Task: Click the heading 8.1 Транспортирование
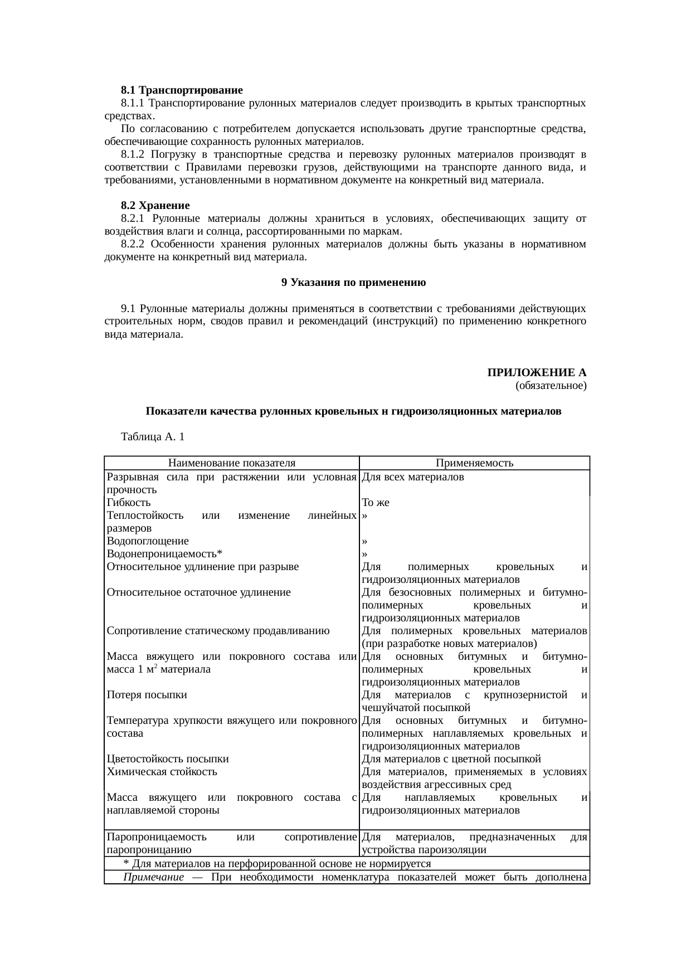(x=182, y=90)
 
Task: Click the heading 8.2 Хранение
(x=155, y=206)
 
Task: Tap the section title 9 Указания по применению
(x=353, y=283)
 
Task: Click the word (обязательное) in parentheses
(x=551, y=386)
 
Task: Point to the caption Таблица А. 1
(x=152, y=437)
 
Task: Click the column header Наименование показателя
(x=231, y=463)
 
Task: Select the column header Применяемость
(x=474, y=463)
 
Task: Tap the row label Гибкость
(x=129, y=503)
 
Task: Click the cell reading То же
(x=375, y=503)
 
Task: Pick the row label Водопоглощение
(x=148, y=541)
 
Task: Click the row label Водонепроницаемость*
(x=164, y=554)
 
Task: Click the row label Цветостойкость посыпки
(x=168, y=759)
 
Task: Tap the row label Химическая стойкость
(x=162, y=772)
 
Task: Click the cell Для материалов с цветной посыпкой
(x=451, y=759)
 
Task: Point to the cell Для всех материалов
(x=413, y=478)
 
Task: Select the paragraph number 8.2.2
(x=133, y=244)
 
